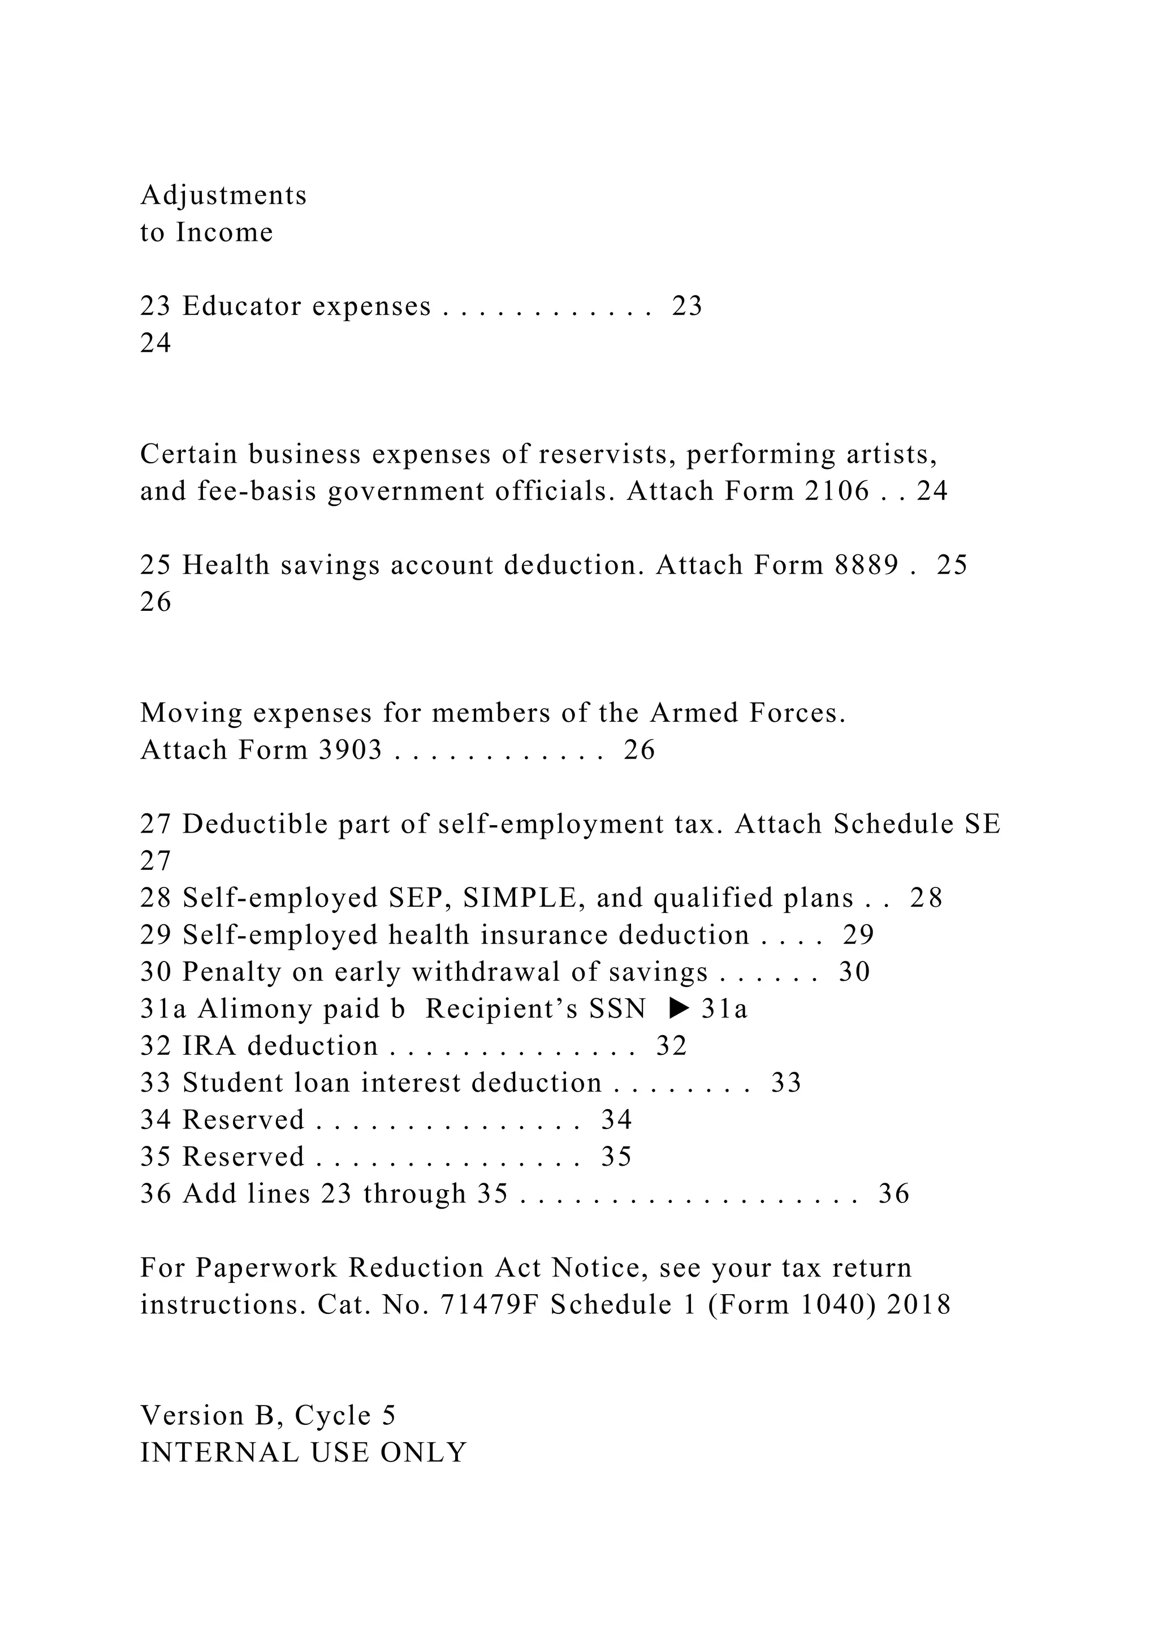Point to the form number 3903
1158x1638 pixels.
350,751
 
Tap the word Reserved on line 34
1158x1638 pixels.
243,1120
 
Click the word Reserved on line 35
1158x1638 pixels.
243,1157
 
